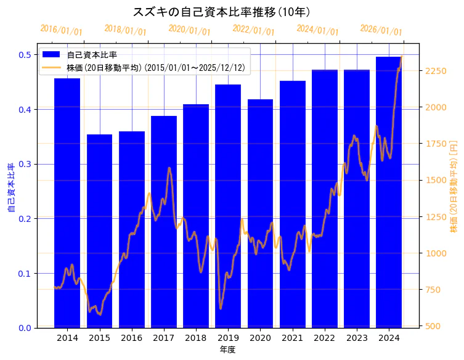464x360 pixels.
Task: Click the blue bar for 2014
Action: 67,203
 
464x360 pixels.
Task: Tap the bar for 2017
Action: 164,222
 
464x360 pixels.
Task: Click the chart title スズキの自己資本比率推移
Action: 221,12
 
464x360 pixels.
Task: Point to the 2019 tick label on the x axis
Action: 228,338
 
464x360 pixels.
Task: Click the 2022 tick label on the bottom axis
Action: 325,338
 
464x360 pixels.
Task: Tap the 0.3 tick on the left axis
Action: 25,164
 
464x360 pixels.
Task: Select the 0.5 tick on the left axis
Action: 25,55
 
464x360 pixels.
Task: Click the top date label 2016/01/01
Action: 61,30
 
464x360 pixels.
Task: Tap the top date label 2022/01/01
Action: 253,30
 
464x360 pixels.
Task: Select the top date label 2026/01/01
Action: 381,30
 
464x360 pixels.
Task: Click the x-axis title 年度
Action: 227,350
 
